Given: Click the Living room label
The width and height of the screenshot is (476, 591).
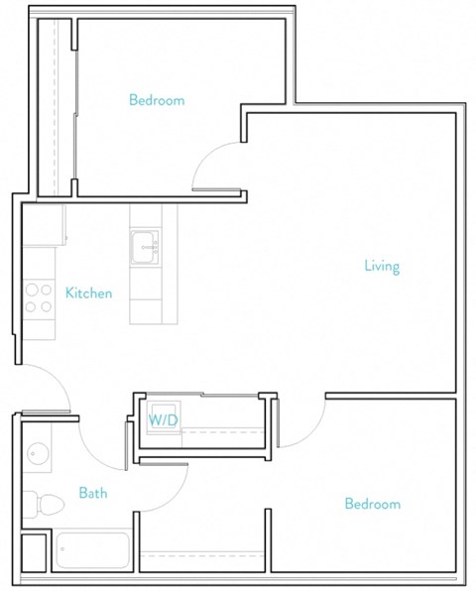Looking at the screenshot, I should coord(382,266).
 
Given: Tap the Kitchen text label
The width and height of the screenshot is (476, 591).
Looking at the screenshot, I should coord(88,293).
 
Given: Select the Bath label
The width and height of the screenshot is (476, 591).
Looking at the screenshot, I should coord(93,493).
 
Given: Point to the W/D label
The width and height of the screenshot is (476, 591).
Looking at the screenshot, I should coord(163,420).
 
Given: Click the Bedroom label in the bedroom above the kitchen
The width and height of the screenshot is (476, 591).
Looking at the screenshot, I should coord(157,100).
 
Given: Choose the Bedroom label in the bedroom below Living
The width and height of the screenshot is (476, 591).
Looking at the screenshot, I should coord(372,504).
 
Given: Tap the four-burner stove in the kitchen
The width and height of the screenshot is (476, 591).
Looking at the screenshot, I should coord(39,298).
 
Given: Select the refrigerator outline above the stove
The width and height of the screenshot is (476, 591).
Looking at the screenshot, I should coord(44,225).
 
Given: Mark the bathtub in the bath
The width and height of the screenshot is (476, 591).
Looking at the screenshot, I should coord(92,550).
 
